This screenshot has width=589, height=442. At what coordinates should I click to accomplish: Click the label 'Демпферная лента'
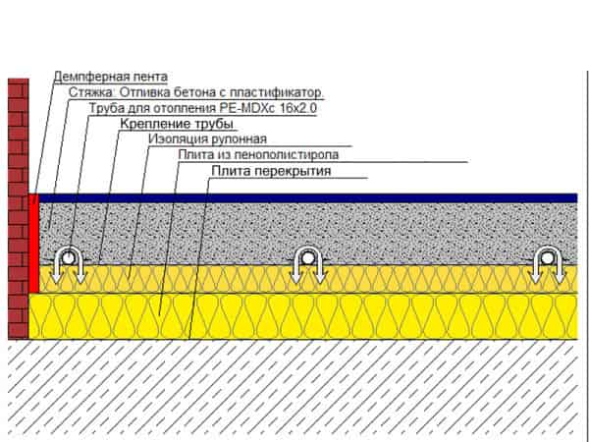(x=110, y=77)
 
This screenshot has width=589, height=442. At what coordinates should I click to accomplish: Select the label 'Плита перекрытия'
(x=271, y=171)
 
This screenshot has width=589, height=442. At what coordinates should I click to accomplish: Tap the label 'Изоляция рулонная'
(x=208, y=138)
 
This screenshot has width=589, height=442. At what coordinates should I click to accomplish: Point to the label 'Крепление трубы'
(x=177, y=124)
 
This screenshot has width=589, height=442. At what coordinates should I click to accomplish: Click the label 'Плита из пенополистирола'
(x=258, y=154)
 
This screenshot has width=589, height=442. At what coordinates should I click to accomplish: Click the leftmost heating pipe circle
(x=68, y=258)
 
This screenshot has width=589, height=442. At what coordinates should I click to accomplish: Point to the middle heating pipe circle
(x=307, y=258)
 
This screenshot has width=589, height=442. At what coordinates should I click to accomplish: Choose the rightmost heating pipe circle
(x=548, y=258)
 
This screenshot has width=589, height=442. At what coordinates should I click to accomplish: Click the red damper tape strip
(x=33, y=244)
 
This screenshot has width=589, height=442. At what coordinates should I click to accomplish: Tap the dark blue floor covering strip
(x=308, y=198)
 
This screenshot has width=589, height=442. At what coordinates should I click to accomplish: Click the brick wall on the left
(x=19, y=208)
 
